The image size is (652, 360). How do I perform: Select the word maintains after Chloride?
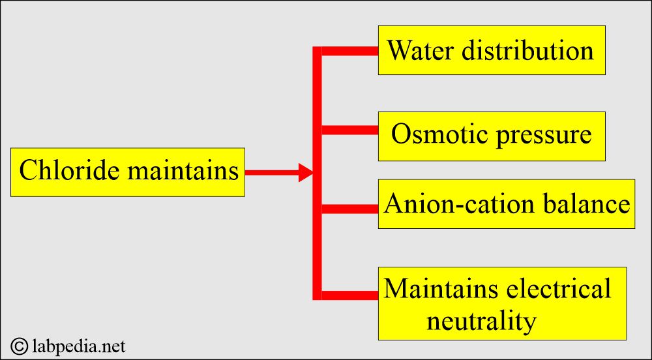click(x=183, y=171)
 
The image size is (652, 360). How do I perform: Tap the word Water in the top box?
click(x=419, y=50)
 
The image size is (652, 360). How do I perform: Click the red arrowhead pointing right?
click(x=306, y=173)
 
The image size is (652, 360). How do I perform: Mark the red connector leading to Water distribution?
click(x=349, y=51)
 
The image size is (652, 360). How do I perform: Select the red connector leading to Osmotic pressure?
click(x=349, y=130)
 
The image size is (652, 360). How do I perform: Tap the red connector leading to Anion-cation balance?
click(x=349, y=209)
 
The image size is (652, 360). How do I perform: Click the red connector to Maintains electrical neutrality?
click(x=349, y=295)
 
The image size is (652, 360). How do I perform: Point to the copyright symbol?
click(x=19, y=346)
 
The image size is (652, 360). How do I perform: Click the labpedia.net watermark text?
click(x=78, y=346)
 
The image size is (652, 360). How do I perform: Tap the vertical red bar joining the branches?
click(x=317, y=173)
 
